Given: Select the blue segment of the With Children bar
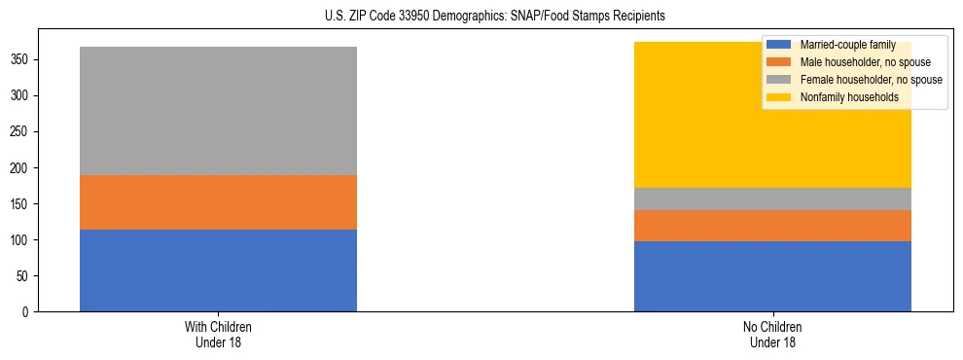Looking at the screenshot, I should pyautogui.click(x=218, y=270).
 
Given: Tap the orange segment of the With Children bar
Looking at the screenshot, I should pyautogui.click(x=218, y=202).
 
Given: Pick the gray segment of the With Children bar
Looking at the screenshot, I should pyautogui.click(x=218, y=111).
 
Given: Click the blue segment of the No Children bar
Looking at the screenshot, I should pyautogui.click(x=772, y=276).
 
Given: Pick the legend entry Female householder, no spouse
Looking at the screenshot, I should pyautogui.click(x=870, y=80).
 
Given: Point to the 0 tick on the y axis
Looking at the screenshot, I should pyautogui.click(x=27, y=312).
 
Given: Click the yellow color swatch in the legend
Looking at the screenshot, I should pyautogui.click(x=779, y=97).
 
